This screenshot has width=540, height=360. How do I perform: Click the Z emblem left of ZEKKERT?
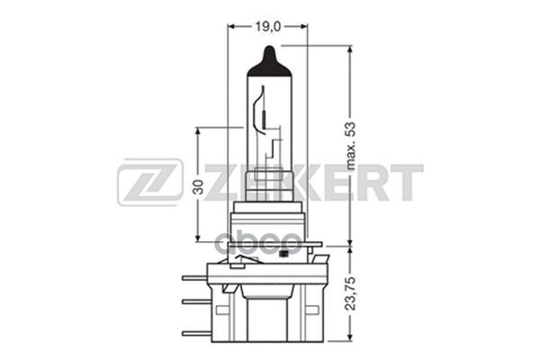[150, 183]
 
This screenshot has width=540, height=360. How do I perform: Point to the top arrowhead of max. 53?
[349, 49]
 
